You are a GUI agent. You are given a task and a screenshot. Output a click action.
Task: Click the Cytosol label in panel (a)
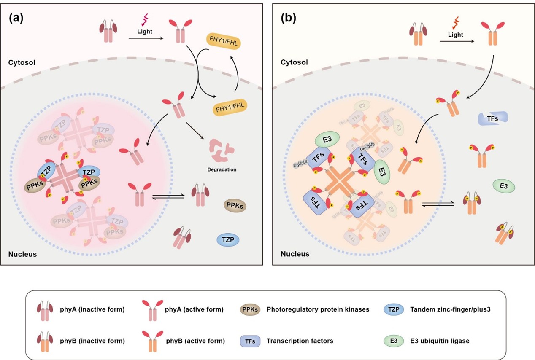(x=21, y=62)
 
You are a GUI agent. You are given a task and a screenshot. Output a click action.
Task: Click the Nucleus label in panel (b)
(x=295, y=254)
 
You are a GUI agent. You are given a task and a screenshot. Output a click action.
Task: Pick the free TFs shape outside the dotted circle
(x=493, y=119)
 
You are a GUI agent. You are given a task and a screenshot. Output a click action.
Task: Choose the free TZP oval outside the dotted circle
(x=228, y=240)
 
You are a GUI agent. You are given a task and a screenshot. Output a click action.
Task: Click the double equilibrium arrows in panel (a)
(x=173, y=197)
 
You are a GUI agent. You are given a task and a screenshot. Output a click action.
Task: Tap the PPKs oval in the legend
(x=249, y=309)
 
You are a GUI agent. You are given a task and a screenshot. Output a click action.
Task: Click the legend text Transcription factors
(x=300, y=340)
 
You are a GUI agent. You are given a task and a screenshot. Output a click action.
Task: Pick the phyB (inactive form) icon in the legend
(x=44, y=340)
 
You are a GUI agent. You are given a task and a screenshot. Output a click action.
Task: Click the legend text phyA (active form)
(x=194, y=309)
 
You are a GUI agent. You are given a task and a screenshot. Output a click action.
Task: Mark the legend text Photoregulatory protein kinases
(x=318, y=309)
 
